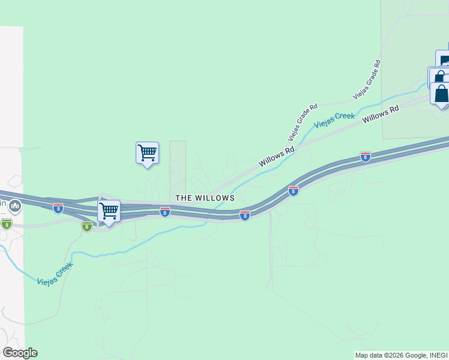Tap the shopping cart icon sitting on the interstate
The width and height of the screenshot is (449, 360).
(109, 212)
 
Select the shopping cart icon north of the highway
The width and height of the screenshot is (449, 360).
(147, 153)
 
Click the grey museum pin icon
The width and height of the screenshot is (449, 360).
(15, 206)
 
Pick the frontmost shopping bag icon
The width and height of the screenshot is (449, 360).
(441, 94)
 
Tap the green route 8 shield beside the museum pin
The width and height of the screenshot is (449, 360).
(7, 224)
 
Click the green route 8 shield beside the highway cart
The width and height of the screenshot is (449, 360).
(87, 226)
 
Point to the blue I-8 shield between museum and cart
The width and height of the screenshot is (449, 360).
(58, 208)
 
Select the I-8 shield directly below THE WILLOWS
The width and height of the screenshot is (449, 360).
(164, 211)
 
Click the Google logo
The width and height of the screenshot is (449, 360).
(20, 353)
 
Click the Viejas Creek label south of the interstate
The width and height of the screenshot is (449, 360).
(55, 272)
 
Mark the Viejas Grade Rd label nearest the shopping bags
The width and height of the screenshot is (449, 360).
(367, 79)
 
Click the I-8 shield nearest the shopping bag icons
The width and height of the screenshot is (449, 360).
(366, 157)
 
